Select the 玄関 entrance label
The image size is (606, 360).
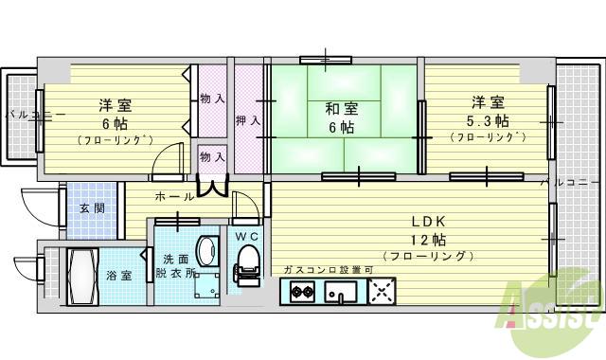(x=92, y=209)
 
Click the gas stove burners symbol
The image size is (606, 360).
(x=302, y=292)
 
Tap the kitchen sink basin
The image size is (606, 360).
(x=340, y=292)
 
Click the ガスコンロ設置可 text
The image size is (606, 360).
(x=327, y=270)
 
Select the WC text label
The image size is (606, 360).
(x=246, y=235)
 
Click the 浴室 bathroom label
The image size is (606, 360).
(x=117, y=278)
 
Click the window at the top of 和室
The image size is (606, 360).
(x=326, y=60)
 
